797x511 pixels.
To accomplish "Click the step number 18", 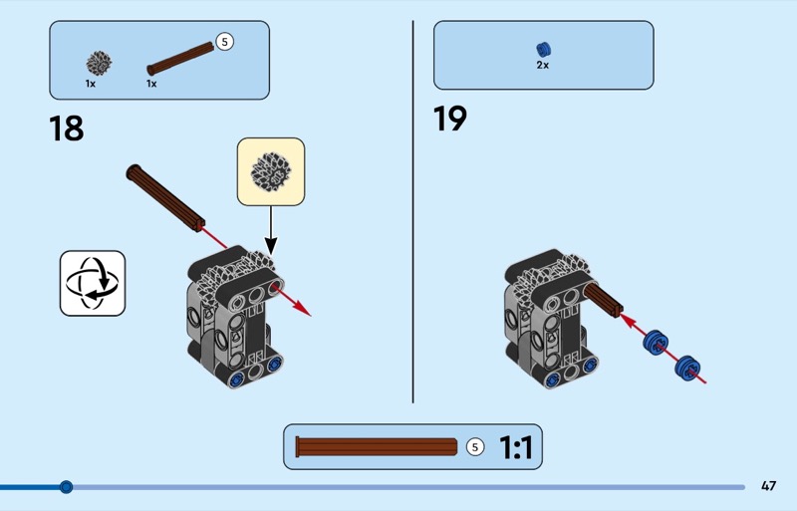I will (67, 128).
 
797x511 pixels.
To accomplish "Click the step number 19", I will (449, 119).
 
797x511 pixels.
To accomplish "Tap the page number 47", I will (768, 486).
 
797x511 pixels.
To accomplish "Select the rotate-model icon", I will (93, 283).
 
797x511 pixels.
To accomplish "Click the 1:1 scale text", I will (516, 448).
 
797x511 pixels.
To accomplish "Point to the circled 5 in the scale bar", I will (474, 447).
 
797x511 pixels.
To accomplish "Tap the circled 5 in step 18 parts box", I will (224, 42).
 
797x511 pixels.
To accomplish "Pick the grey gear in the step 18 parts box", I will (98, 63).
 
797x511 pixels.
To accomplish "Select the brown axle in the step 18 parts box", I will (180, 57).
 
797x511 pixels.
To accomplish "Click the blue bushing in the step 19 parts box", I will (543, 49).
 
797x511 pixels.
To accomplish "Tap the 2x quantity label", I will (543, 65).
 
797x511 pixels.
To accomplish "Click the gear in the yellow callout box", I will (270, 170).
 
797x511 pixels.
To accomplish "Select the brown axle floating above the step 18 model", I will (166, 195).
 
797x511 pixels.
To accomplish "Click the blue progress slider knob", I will (66, 487).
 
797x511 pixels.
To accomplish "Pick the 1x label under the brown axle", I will (151, 84).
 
